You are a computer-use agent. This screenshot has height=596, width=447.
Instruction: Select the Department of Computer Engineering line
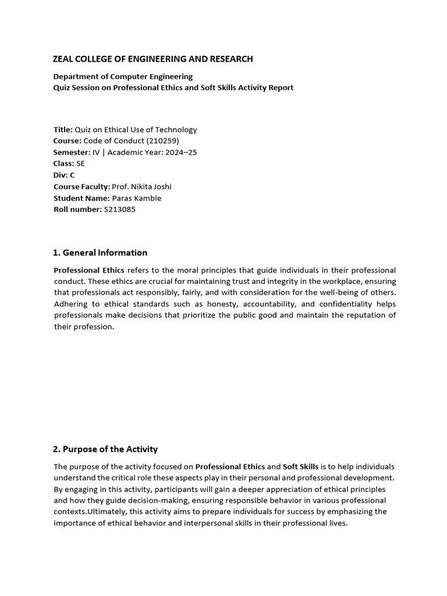(123, 76)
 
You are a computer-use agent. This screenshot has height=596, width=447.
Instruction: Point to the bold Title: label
(63, 130)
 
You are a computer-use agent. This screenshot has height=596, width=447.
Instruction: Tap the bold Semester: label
(72, 152)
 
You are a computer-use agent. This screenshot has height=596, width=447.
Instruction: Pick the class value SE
(80, 164)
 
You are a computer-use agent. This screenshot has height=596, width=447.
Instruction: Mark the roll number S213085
(119, 210)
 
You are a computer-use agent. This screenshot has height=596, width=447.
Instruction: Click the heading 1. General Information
(100, 253)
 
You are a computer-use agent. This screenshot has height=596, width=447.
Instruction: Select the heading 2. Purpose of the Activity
(105, 449)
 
